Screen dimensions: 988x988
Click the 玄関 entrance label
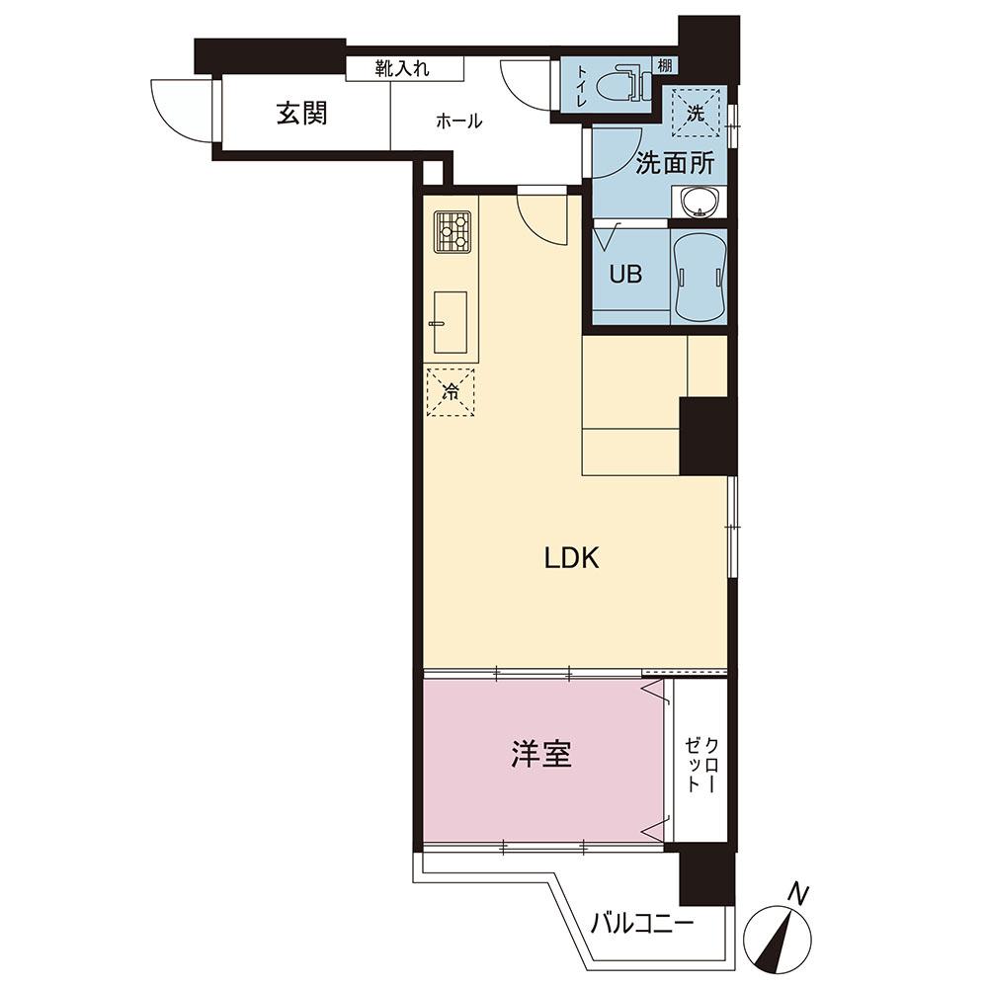point(301,114)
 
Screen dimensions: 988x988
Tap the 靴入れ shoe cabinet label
point(403,68)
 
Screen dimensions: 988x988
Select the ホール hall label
point(459,121)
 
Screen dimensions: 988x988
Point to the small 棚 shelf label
point(664,65)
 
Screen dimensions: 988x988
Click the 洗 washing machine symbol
point(695,113)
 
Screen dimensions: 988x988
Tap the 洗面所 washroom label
point(674,164)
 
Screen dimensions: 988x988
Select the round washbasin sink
point(699,202)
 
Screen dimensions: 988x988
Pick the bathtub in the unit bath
point(699,277)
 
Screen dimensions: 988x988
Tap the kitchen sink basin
point(450,322)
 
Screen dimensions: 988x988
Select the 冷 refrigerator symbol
point(451,392)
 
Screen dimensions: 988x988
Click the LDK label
point(571,558)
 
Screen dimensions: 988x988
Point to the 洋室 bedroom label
point(541,754)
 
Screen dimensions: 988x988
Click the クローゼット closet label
point(700,765)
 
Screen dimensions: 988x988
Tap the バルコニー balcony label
point(642,925)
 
